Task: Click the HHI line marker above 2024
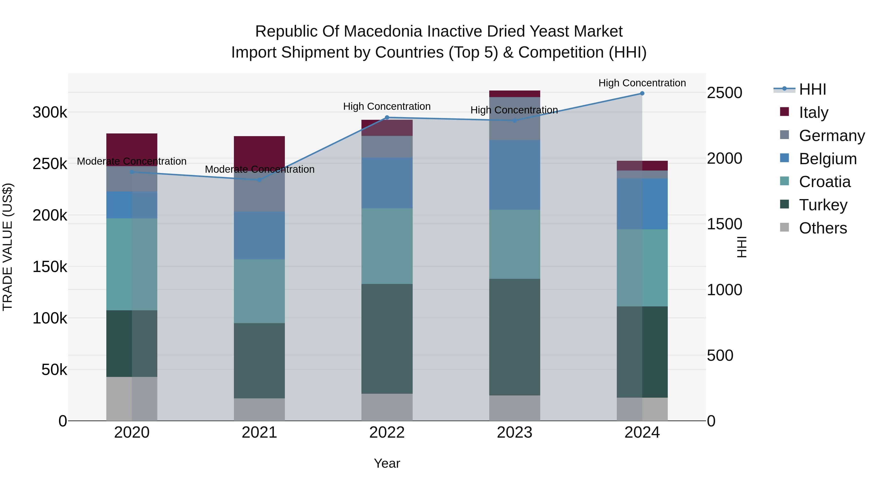[642, 93]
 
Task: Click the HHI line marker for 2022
[387, 118]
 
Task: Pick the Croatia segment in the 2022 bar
[387, 246]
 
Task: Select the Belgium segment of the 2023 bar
[514, 175]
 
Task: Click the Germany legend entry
[832, 136]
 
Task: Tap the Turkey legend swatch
[784, 205]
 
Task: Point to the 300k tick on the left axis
[50, 112]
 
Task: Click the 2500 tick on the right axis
[724, 93]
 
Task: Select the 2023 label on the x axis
[514, 432]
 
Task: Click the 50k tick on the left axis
[54, 370]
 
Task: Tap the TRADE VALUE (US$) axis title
[8, 247]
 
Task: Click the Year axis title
[387, 463]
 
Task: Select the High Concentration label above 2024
[642, 83]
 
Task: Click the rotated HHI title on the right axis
[742, 247]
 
